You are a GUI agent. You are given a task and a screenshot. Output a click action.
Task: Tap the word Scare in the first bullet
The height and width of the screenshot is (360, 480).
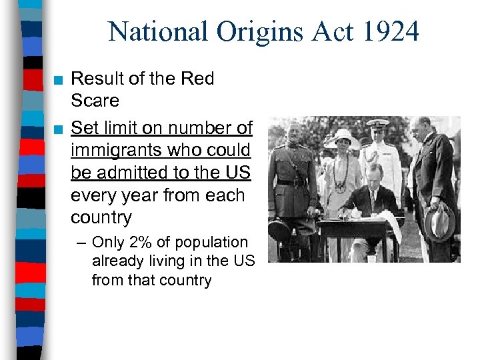(x=95, y=101)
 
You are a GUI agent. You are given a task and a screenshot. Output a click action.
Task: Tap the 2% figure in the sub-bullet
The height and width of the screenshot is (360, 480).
(x=139, y=243)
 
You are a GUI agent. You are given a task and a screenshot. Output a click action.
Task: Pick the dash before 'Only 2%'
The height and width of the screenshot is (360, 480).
(x=83, y=243)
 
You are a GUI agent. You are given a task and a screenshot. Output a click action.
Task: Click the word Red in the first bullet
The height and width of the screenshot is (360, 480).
(x=198, y=79)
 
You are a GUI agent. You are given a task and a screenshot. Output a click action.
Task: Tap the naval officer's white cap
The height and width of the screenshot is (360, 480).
(x=377, y=123)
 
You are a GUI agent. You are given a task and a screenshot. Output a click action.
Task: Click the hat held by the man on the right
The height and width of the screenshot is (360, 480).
(x=439, y=221)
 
